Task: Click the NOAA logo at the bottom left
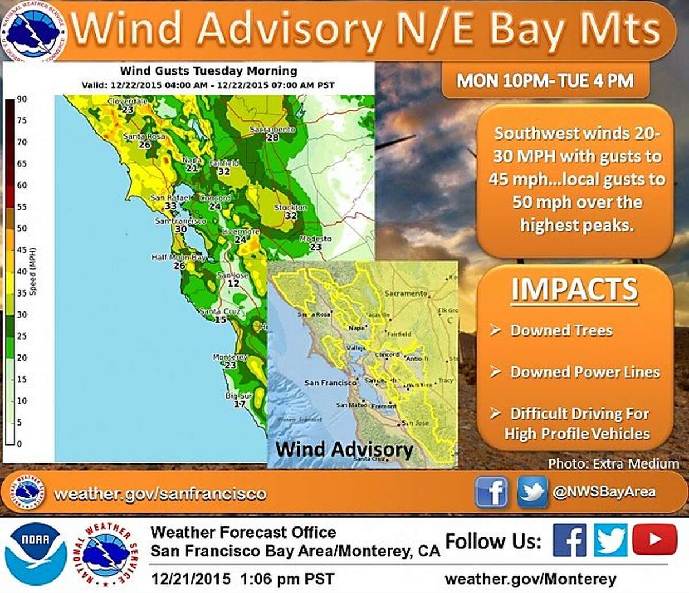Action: (36, 553)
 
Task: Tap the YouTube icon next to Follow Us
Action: (655, 540)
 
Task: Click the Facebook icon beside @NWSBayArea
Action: (491, 492)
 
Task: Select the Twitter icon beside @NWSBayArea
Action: (532, 492)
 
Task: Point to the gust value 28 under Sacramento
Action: (272, 138)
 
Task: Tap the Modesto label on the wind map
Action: (315, 239)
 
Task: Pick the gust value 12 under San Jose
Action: (233, 283)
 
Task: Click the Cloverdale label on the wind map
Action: (127, 102)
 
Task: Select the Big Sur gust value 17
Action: (239, 404)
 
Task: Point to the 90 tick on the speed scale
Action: (22, 99)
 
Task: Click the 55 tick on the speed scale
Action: (22, 207)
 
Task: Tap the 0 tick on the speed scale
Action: (20, 444)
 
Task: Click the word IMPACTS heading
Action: (574, 289)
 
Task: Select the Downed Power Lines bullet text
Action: (585, 372)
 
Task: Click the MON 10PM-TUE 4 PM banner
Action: (545, 80)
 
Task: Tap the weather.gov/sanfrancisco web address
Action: (160, 494)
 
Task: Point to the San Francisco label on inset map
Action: (330, 383)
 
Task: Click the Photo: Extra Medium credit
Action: (613, 463)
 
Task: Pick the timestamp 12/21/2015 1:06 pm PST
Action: (242, 578)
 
